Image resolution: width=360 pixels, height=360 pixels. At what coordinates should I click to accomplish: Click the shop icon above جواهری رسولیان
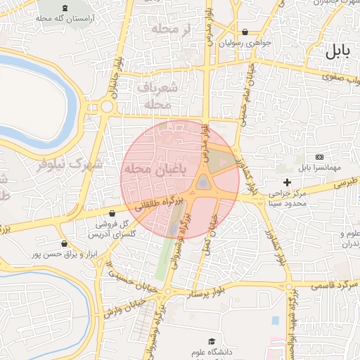click(x=245, y=32)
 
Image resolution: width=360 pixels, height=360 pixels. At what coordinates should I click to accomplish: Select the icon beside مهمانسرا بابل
click(x=320, y=156)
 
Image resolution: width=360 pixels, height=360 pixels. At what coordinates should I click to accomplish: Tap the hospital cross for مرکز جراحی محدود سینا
click(x=288, y=183)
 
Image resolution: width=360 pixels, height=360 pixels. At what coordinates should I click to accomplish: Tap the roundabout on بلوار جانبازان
click(x=107, y=108)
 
